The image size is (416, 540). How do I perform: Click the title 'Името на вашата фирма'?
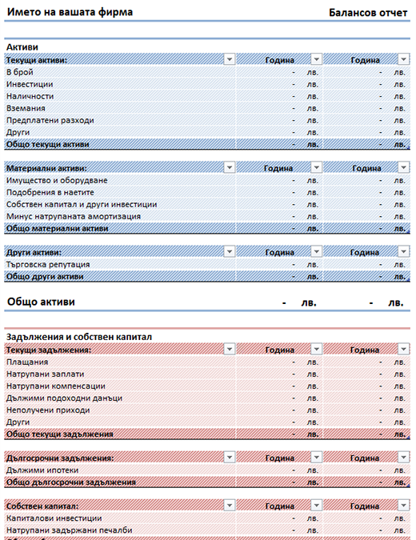[70, 12]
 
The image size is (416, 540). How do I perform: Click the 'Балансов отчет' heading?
[368, 13]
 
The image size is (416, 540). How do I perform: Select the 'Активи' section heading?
[22, 47]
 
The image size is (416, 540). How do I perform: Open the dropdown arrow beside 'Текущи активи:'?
[230, 59]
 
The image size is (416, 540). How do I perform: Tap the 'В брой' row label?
[20, 72]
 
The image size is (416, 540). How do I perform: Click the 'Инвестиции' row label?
[30, 84]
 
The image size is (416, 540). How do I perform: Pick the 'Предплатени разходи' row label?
[50, 121]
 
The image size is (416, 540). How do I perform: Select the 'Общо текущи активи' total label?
[47, 144]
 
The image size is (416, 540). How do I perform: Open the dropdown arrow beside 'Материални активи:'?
[230, 167]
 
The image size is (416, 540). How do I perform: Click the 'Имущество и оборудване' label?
[57, 181]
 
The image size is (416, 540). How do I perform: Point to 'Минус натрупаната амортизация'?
[74, 217]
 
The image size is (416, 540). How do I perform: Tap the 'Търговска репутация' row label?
[48, 265]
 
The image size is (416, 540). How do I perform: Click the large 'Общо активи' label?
[41, 302]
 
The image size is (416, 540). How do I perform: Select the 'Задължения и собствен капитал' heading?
[79, 337]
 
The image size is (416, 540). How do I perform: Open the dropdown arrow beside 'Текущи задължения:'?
[230, 350]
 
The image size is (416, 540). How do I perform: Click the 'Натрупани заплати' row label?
[45, 374]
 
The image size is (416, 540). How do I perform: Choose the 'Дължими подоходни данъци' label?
[64, 398]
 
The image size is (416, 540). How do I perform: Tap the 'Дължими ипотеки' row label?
[42, 470]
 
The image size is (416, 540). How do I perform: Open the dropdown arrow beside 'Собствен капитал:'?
[230, 506]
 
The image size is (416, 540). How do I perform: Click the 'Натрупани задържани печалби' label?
[70, 530]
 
